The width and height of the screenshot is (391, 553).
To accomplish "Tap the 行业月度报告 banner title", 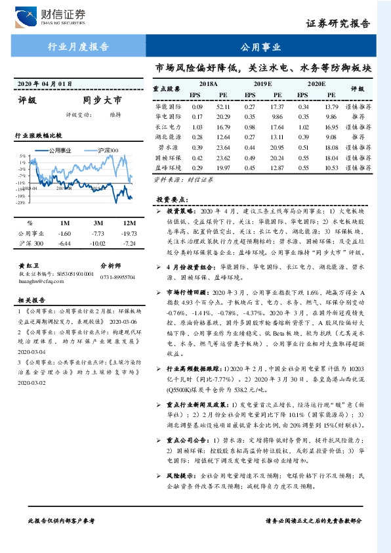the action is point(79,47).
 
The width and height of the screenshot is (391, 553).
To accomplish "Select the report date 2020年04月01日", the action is point(43,83).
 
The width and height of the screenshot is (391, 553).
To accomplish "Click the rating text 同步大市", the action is point(102,101).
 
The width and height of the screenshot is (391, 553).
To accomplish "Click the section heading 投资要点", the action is point(171,199).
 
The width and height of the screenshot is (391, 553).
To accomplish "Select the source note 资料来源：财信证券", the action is point(175,179).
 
